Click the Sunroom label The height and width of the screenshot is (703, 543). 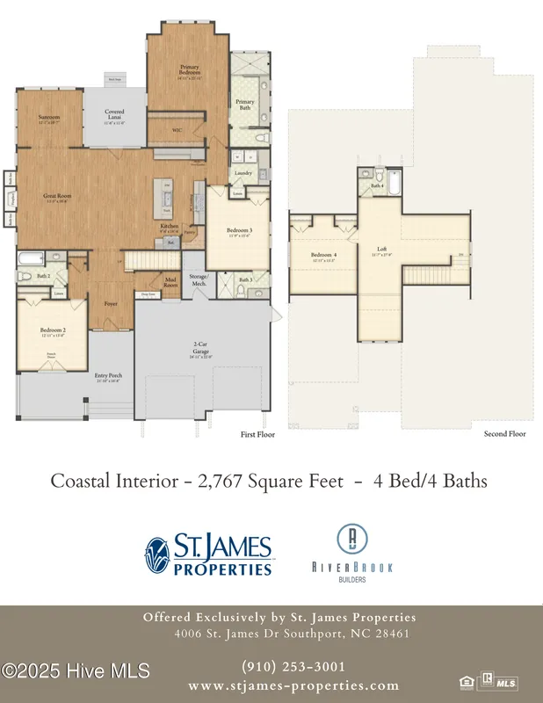click(48, 117)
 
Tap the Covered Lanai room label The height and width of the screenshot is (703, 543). click(114, 113)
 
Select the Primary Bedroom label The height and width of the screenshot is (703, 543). click(190, 68)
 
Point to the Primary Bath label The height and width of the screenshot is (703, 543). click(245, 103)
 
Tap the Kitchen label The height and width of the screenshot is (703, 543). click(169, 226)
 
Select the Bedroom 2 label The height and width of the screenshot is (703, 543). click(52, 332)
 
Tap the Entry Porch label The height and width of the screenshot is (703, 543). click(107, 376)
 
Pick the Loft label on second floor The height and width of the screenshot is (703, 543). click(382, 248)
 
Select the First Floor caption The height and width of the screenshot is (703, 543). click(258, 434)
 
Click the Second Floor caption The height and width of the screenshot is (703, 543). click(504, 434)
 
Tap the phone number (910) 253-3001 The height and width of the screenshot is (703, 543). click(293, 667)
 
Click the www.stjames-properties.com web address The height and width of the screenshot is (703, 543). click(293, 685)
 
